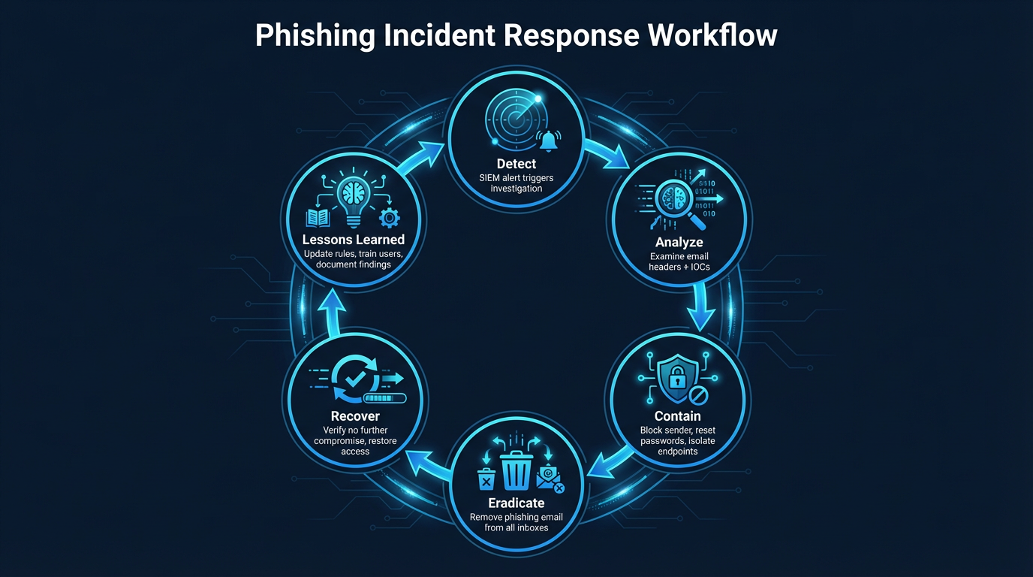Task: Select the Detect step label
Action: (x=516, y=163)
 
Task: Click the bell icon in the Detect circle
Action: (x=550, y=139)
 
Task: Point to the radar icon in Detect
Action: (x=512, y=119)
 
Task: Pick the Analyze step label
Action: (x=679, y=242)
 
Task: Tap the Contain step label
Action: (x=677, y=416)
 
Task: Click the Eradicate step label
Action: (x=516, y=503)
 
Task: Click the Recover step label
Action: (x=355, y=416)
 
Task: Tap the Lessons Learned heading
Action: (x=354, y=240)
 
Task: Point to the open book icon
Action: (x=318, y=218)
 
